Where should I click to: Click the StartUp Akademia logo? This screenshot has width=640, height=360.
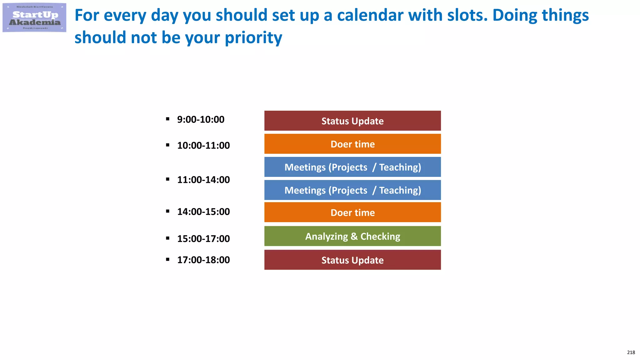click(x=34, y=18)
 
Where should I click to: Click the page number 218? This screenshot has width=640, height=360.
click(x=631, y=352)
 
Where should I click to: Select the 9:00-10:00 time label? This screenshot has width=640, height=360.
click(x=201, y=119)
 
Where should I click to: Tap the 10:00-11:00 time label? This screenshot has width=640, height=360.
click(x=203, y=145)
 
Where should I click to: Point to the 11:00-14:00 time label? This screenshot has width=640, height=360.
click(x=203, y=180)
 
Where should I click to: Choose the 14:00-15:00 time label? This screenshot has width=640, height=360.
click(x=203, y=212)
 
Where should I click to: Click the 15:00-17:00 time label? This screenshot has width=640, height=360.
click(x=203, y=239)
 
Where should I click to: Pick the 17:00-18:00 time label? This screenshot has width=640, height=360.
click(x=203, y=260)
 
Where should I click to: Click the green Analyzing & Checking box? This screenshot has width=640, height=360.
click(x=352, y=236)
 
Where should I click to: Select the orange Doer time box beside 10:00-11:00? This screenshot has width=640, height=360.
click(x=352, y=144)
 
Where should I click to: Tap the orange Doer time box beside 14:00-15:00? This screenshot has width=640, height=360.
click(x=352, y=212)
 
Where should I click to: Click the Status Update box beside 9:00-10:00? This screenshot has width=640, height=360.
click(x=352, y=121)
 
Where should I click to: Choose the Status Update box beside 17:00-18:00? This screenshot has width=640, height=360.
click(x=352, y=260)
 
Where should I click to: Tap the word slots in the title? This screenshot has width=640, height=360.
click(x=467, y=15)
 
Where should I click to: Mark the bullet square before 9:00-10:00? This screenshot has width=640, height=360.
click(x=168, y=119)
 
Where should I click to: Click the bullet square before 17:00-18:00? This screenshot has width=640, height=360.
click(x=168, y=259)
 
